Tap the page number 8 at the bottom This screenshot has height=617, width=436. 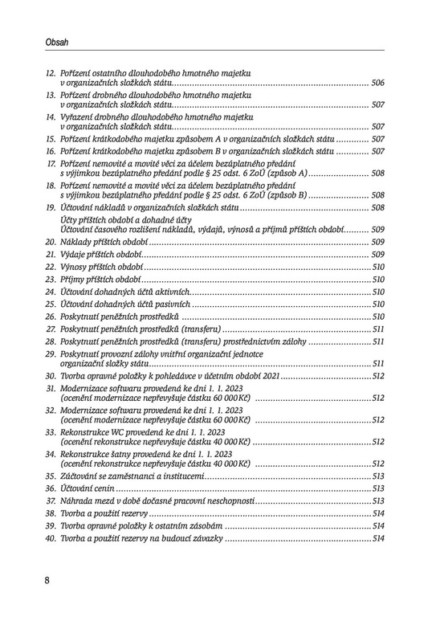[48, 580]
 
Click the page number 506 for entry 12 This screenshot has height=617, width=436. [378, 84]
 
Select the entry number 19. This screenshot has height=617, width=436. [50, 207]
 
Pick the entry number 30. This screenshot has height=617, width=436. [50, 375]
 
